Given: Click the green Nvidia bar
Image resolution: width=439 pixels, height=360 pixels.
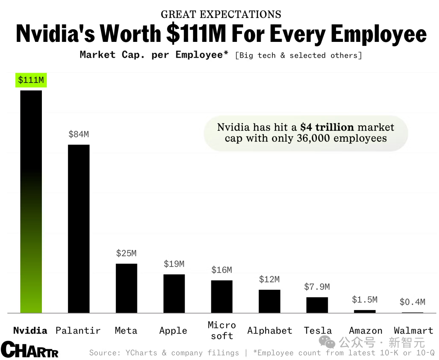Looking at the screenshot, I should pos(31,203).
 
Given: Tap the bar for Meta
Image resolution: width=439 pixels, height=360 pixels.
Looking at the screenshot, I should pos(126,288).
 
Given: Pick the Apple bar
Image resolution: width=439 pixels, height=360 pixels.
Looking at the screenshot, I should pos(174,293).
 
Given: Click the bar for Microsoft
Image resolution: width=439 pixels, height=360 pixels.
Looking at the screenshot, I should pos(222,297).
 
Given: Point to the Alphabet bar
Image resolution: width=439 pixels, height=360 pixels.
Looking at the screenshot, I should pos(269,301).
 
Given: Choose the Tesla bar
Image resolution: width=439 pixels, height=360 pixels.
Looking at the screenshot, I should pos(317,305).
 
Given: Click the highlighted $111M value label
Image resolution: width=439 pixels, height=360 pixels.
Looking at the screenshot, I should pos(31,80).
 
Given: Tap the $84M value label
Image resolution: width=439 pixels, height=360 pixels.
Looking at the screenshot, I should pos(78,134).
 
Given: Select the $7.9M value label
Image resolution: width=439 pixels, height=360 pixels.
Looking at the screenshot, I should pos(317,287).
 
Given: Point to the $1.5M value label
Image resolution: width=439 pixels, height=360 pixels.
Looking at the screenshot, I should pos(365,300).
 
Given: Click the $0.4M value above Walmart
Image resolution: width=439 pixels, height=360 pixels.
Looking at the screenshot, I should pos(412,302).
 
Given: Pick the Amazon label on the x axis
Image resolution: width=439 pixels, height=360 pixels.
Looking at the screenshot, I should pos(365,331).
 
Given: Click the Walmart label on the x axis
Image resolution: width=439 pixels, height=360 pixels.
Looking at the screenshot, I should pos(413,331).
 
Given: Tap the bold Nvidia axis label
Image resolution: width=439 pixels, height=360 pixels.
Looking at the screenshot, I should pos(30,330).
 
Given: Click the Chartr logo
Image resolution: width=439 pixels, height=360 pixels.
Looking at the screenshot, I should pos(29,350).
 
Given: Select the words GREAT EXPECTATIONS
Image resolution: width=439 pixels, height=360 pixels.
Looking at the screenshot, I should pos(221,15).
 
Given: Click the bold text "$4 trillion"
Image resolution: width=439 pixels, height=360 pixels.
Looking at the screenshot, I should pos(327,127).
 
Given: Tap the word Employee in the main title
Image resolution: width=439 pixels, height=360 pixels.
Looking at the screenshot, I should pos(379,34).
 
